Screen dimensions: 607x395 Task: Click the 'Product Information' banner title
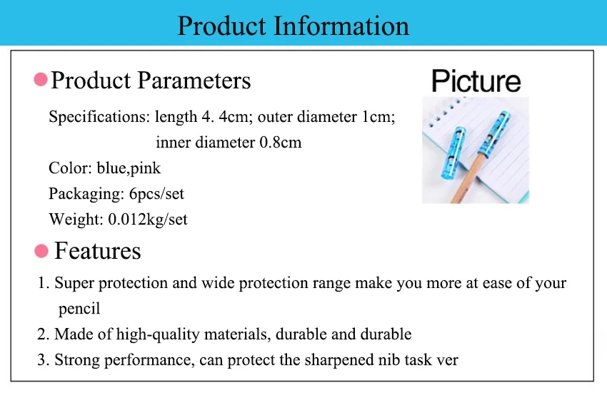pos(293,26)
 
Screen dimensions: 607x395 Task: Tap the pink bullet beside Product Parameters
pos(41,79)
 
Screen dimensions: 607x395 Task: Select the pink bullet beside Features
pos(41,251)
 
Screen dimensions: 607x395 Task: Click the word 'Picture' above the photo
pos(476,81)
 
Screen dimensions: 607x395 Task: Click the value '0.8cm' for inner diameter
pos(280,142)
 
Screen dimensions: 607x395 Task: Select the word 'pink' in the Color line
pos(146,168)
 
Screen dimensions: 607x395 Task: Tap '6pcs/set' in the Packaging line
pos(156,194)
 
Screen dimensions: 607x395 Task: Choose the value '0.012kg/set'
pos(148,219)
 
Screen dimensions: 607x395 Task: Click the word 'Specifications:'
pos(99,117)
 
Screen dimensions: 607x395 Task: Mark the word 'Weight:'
pos(76,219)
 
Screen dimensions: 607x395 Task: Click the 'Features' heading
pos(98,251)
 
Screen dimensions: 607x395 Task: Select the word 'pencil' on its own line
pos(79,309)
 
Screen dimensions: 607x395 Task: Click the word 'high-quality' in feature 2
pos(158,334)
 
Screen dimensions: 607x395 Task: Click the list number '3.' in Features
pos(44,360)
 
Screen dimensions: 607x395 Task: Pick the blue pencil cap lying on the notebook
pos(453,153)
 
